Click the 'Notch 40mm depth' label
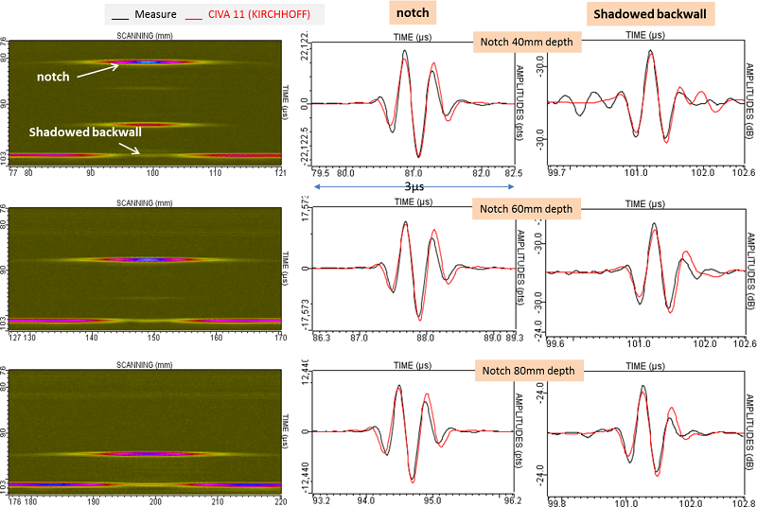[x=527, y=43]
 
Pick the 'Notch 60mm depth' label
[x=527, y=207]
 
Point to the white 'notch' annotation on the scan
[x=53, y=76]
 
